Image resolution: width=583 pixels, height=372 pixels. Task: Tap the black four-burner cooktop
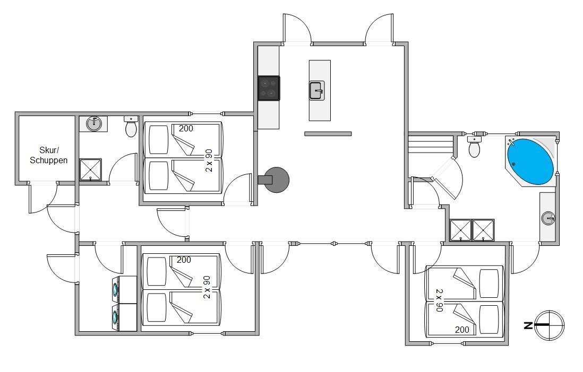(269, 88)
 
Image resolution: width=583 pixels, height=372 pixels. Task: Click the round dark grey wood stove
(276, 180)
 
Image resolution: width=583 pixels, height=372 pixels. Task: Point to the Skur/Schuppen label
(49, 155)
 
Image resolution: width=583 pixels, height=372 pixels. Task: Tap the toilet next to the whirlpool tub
(474, 147)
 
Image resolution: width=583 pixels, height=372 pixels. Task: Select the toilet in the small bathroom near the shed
(131, 127)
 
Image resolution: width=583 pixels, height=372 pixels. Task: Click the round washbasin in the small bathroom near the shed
(94, 123)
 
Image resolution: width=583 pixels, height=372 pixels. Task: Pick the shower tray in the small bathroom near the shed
(91, 170)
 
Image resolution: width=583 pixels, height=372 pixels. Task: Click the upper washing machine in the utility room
(125, 289)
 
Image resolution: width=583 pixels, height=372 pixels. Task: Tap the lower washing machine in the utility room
(125, 318)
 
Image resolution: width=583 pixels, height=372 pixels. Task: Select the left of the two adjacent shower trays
(461, 230)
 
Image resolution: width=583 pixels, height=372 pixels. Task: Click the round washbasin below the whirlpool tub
(548, 218)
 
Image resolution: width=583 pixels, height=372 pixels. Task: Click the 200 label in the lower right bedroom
(462, 330)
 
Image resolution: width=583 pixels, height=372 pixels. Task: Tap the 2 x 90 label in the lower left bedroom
(207, 287)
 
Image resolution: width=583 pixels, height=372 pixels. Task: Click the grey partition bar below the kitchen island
(328, 134)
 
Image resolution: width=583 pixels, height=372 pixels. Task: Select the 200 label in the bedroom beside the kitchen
(186, 128)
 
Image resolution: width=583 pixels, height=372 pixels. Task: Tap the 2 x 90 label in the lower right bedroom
(440, 300)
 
